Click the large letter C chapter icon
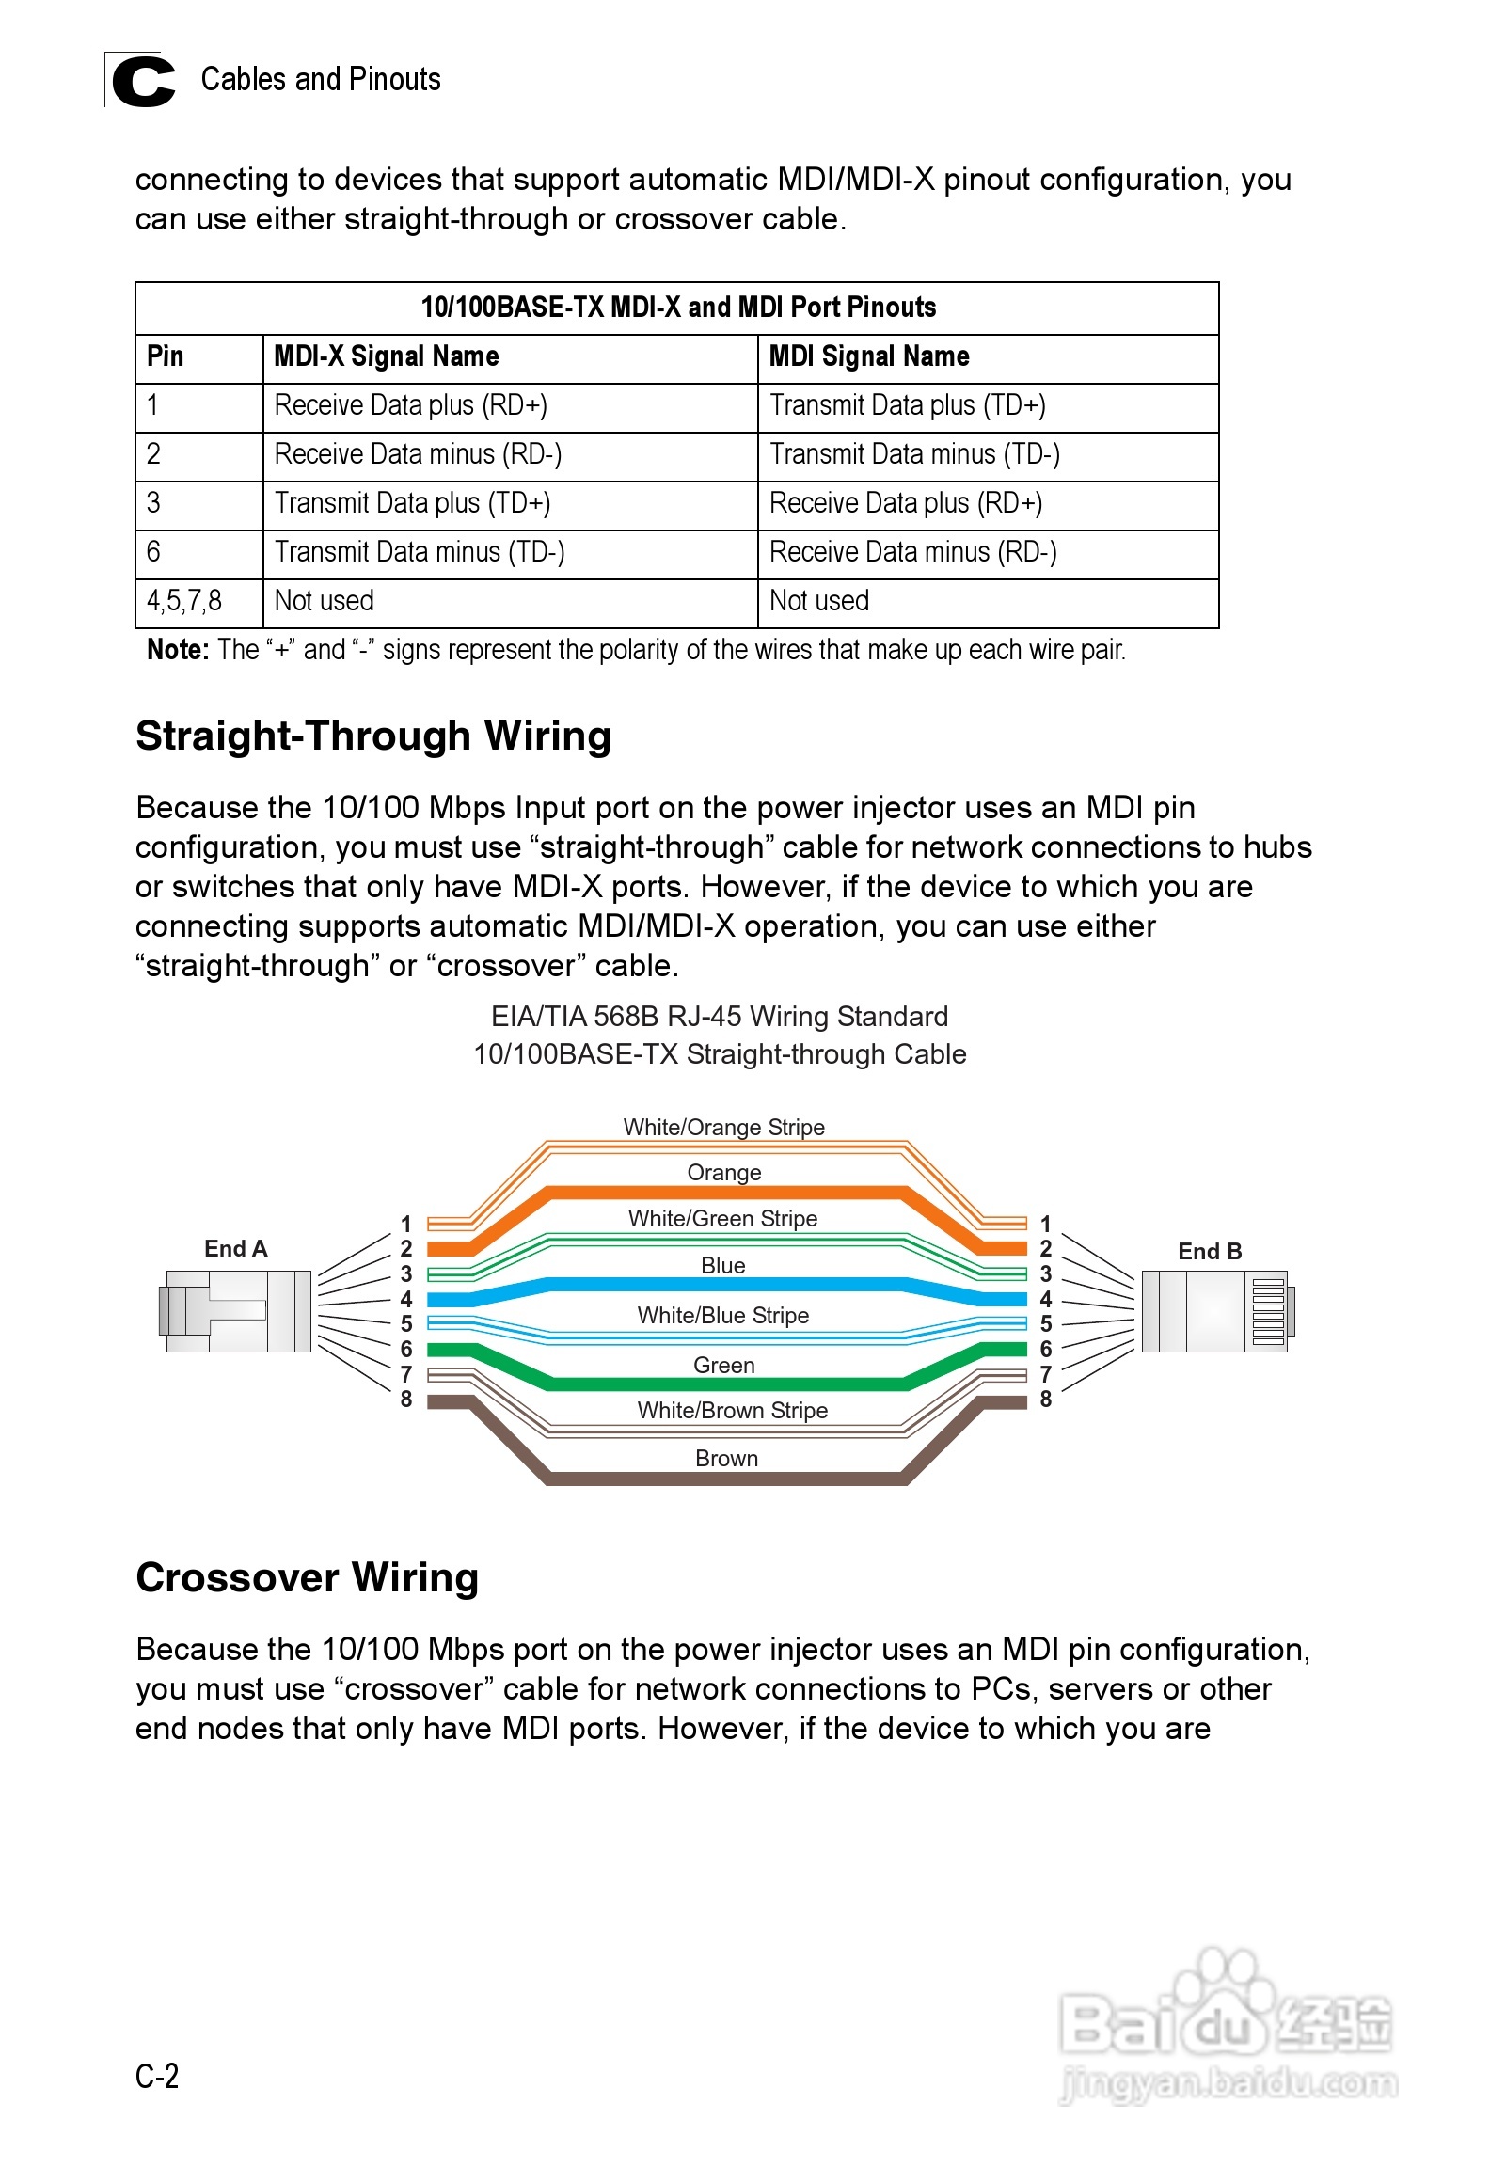143,82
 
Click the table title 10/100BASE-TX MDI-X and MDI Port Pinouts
677,308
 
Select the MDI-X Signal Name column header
386,356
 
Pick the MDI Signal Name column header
868,356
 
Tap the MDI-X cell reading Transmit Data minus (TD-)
419,552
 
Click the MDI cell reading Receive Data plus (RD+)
905,503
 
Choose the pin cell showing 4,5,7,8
184,601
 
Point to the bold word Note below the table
177,650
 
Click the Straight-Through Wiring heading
373,736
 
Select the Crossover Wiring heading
308,1577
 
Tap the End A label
236,1248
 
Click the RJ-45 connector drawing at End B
1217,1310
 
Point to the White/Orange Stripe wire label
723,1127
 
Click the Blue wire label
722,1265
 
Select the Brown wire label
726,1458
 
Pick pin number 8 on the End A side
406,1400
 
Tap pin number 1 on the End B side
1045,1224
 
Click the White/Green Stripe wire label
722,1218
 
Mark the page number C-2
157,2076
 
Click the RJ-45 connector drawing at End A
235,1310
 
